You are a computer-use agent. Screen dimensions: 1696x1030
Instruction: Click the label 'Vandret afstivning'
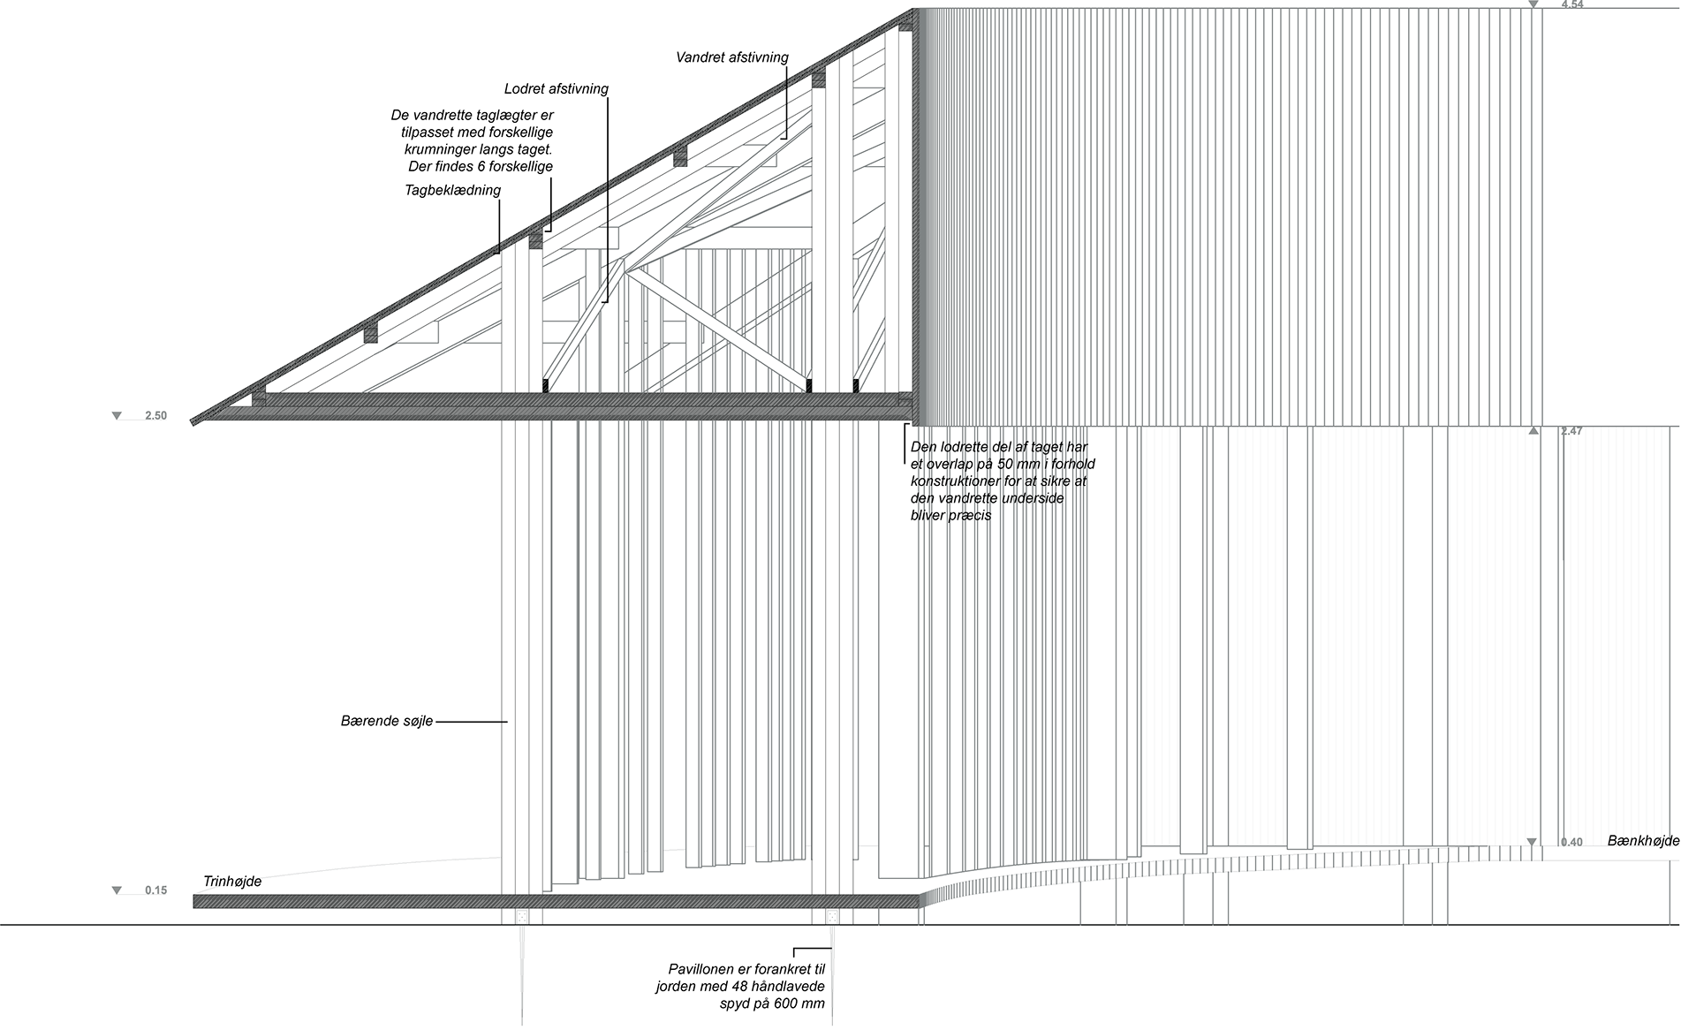[732, 57]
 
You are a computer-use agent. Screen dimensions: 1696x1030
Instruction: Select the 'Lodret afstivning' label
[556, 88]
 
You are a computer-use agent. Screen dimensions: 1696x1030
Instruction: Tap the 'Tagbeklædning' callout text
[453, 190]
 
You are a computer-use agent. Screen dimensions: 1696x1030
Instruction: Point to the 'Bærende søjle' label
[387, 722]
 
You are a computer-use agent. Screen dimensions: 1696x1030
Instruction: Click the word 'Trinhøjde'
[232, 881]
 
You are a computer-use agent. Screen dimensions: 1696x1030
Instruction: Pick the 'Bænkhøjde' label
[1644, 841]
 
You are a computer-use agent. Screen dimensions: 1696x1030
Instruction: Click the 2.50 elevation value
[155, 415]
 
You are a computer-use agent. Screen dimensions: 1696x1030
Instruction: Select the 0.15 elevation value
[155, 890]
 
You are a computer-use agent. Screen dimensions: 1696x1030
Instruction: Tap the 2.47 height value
[1572, 431]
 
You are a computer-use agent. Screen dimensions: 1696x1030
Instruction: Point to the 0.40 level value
[1572, 842]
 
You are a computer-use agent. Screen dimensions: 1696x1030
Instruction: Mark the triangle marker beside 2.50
[117, 415]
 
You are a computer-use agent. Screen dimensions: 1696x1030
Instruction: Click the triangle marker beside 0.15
[117, 890]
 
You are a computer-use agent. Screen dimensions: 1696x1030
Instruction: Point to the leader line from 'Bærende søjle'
[472, 723]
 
